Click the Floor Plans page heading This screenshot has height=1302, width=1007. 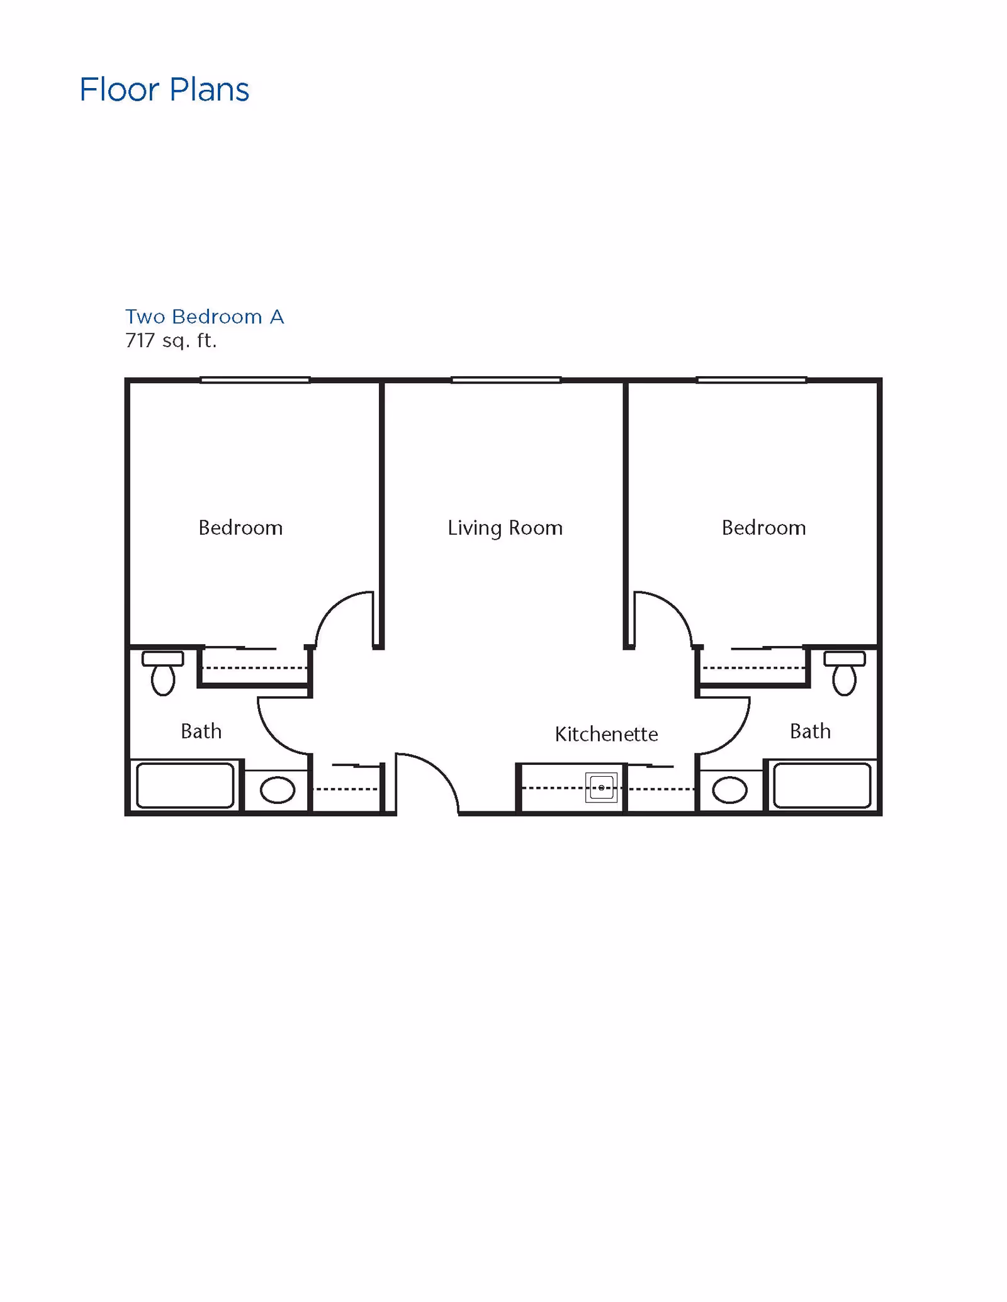[164, 90]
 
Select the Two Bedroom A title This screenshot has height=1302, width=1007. [205, 316]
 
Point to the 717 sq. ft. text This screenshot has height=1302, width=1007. [171, 341]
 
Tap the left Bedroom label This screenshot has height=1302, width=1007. [240, 528]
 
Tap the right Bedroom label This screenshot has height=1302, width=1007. [763, 528]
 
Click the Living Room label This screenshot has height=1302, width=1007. [505, 528]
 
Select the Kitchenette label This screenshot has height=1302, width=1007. [606, 734]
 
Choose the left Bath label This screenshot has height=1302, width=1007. [201, 732]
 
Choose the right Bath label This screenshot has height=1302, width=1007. [810, 732]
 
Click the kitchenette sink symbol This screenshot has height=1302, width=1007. [601, 787]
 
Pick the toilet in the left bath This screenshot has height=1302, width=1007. [163, 674]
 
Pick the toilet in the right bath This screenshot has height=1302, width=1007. [845, 674]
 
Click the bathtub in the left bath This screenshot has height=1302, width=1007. [185, 786]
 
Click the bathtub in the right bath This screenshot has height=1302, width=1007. [822, 786]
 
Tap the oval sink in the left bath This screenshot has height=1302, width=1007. [278, 790]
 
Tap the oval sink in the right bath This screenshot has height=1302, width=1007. [730, 790]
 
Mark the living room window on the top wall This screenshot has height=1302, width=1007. [506, 380]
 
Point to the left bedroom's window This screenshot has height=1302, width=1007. [255, 380]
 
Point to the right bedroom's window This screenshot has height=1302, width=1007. [751, 380]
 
